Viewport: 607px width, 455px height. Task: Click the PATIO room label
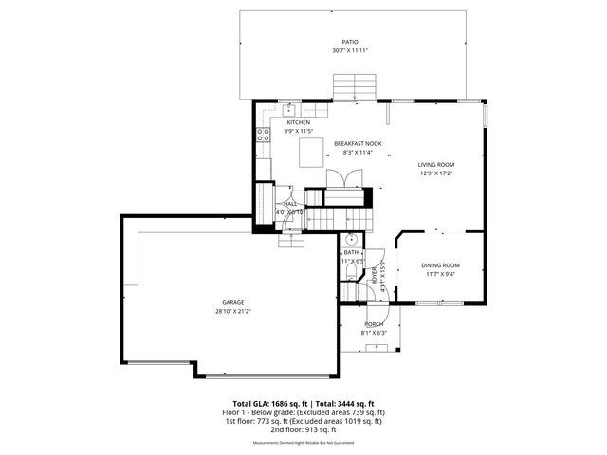click(x=350, y=43)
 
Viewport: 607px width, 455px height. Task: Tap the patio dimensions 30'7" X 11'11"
click(x=350, y=51)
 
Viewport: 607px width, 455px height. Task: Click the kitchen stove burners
click(x=263, y=136)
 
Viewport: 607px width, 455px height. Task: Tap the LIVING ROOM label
click(x=437, y=164)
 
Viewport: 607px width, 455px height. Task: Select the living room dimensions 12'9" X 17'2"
click(x=437, y=173)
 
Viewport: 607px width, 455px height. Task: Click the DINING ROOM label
click(x=441, y=265)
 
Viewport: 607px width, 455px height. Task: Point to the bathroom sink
click(x=350, y=241)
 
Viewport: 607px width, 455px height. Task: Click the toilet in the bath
click(x=350, y=272)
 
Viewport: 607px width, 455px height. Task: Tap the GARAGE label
click(x=233, y=302)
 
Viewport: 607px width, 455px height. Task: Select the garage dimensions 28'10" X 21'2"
click(x=233, y=311)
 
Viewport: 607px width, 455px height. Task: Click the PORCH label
click(x=374, y=324)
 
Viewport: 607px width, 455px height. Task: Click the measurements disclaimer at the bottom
click(x=303, y=443)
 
